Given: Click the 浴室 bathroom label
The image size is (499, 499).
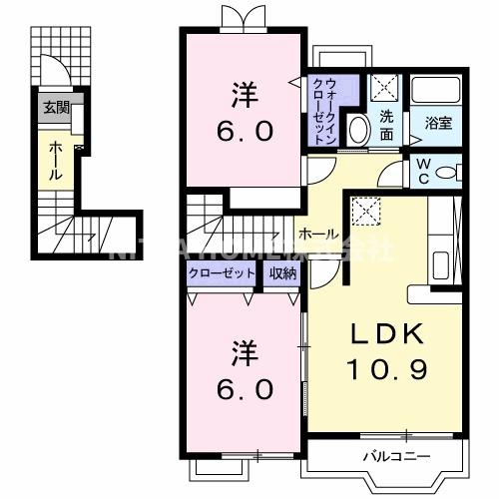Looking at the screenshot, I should (x=438, y=124).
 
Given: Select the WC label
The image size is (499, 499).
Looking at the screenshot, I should (x=422, y=170).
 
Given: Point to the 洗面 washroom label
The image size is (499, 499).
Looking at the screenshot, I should (x=385, y=124).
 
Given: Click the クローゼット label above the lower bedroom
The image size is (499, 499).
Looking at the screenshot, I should (x=221, y=272).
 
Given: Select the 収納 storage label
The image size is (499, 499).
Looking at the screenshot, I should (x=281, y=272).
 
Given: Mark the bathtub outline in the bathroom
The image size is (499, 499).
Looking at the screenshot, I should (x=438, y=95).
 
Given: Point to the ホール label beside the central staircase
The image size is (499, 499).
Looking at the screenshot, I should (x=317, y=233).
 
